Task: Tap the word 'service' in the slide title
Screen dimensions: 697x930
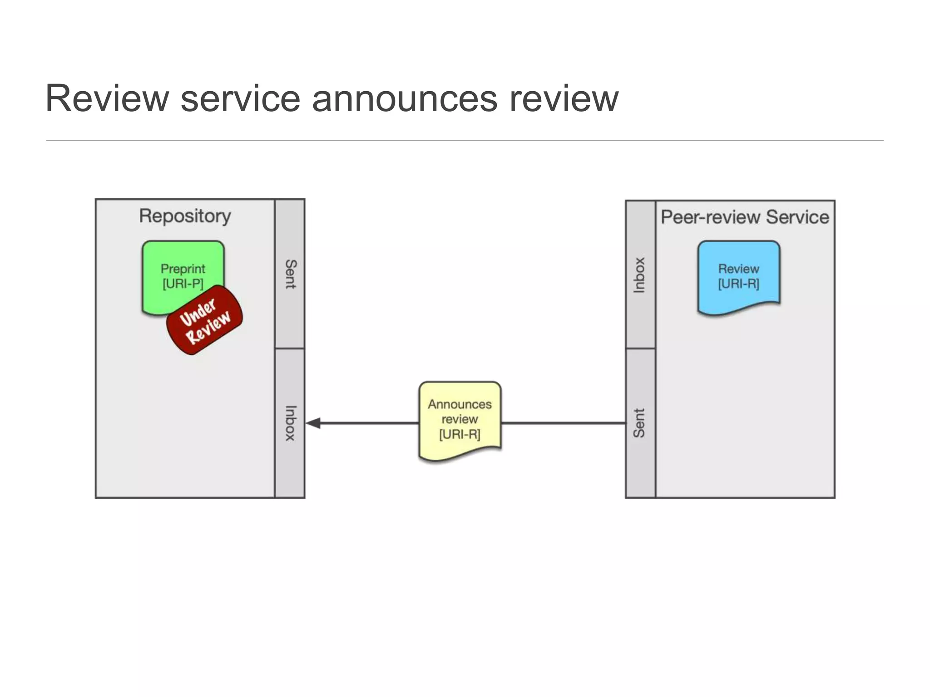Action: (241, 99)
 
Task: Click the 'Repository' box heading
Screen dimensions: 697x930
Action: (185, 216)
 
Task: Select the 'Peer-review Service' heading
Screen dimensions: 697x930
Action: (745, 217)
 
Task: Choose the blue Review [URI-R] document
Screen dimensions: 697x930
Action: (739, 277)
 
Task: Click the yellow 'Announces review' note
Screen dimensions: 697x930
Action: (460, 420)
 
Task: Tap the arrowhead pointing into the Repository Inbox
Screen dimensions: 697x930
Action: (313, 423)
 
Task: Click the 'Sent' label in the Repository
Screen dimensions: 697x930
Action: (290, 274)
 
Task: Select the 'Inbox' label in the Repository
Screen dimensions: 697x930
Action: (290, 423)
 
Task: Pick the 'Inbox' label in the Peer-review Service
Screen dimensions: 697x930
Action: (639, 275)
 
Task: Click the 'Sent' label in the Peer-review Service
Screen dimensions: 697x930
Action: (639, 423)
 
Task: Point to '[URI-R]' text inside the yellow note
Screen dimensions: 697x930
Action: (460, 434)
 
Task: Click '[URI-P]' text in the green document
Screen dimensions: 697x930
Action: (183, 284)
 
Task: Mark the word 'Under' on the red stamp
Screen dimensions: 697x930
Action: (198, 312)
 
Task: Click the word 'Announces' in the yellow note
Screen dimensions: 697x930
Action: (460, 404)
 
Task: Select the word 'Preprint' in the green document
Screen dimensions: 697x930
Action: (183, 269)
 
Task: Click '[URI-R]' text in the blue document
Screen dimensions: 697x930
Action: (739, 284)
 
